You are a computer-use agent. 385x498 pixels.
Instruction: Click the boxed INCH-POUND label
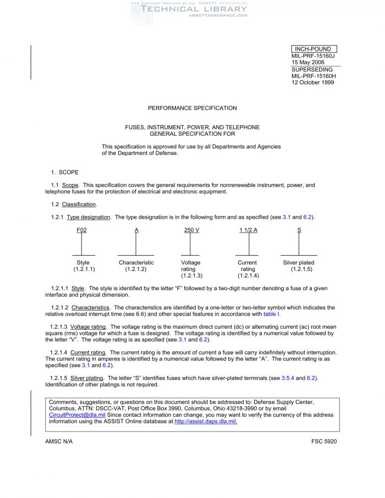[x=312, y=49]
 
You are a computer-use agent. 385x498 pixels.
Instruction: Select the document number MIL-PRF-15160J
[x=313, y=56]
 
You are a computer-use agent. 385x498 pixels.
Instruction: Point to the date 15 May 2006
[x=308, y=63]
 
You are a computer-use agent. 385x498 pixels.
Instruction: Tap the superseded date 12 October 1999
[x=312, y=82]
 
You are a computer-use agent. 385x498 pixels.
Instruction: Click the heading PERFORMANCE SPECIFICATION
[x=193, y=108]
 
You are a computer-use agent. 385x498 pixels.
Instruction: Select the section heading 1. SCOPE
[x=65, y=173]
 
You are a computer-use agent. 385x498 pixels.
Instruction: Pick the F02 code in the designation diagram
[x=81, y=230]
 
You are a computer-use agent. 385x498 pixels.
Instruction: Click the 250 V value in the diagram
[x=191, y=230]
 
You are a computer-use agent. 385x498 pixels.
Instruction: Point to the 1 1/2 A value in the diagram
[x=248, y=230]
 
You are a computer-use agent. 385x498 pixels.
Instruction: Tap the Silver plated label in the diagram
[x=299, y=263]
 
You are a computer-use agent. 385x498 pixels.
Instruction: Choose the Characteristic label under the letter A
[x=136, y=263]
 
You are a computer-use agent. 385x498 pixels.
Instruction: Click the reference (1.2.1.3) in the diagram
[x=191, y=275]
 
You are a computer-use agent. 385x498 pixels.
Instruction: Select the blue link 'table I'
[x=272, y=314]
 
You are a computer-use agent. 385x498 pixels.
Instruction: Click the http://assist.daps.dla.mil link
[x=206, y=422]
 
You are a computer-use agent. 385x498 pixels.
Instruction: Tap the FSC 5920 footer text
[x=324, y=441]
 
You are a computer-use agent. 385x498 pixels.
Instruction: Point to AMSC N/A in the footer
[x=59, y=441]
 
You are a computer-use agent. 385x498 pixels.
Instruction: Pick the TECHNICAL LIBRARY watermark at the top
[x=194, y=9]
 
